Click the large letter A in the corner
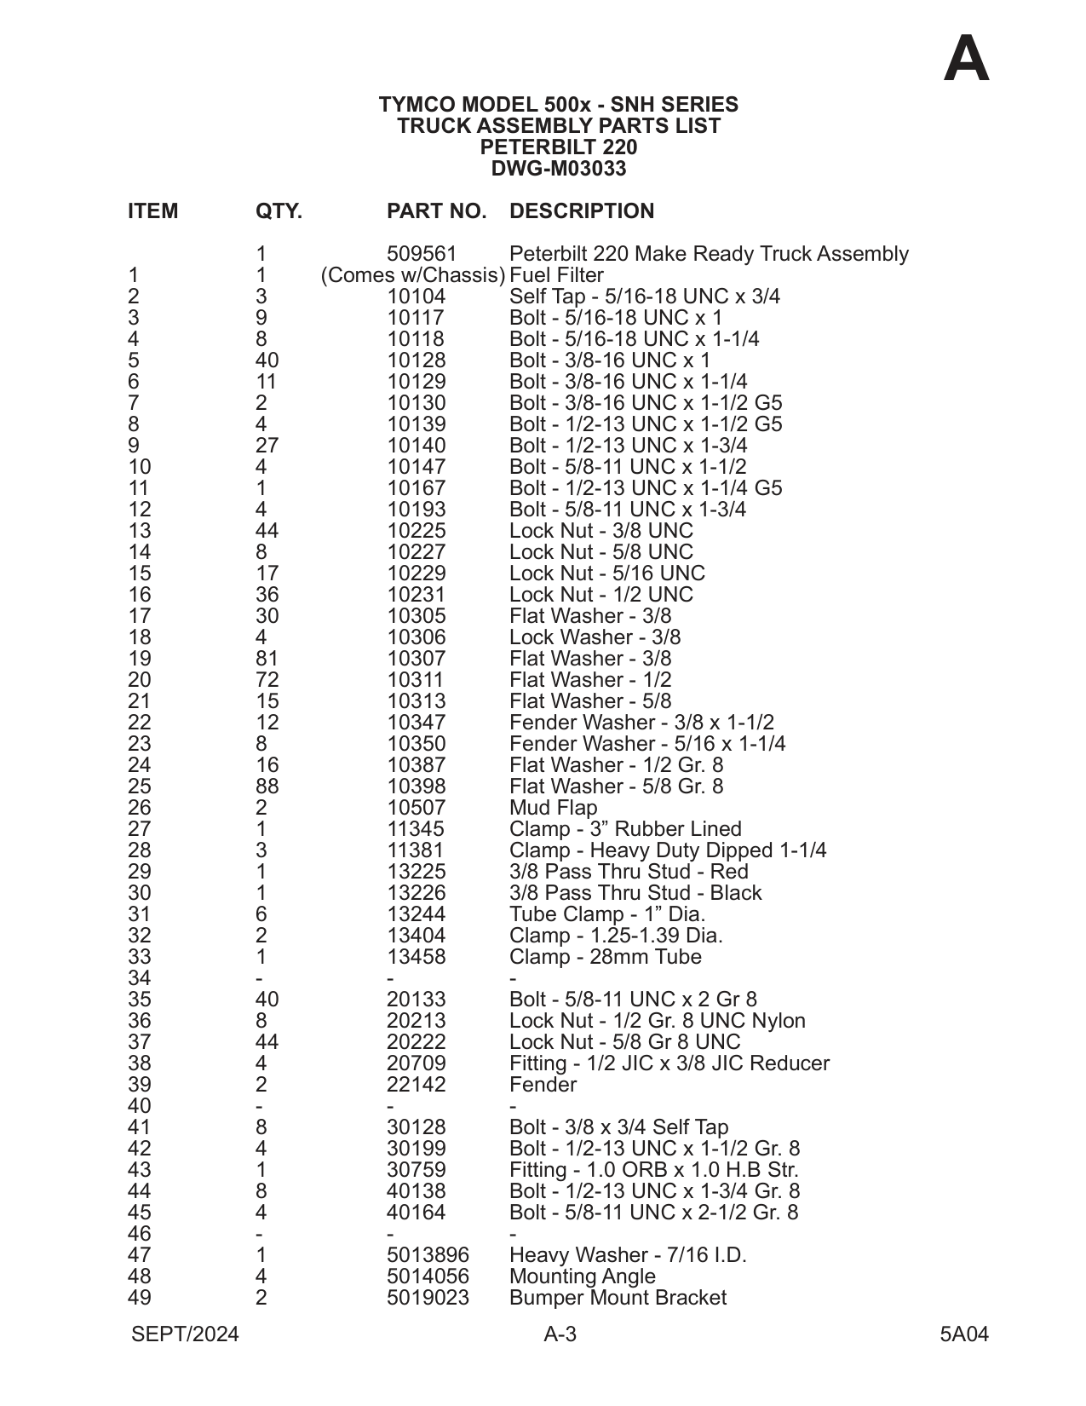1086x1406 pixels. coord(967,60)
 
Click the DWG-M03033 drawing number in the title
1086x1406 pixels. coord(559,169)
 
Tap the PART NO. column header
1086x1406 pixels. coord(436,211)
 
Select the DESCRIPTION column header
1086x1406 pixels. coord(582,211)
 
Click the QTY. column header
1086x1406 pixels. coord(279,211)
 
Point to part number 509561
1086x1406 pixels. coord(422,254)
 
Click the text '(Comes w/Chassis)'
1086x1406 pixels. coord(413,275)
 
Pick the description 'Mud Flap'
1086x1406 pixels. coord(554,808)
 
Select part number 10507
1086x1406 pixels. coord(416,808)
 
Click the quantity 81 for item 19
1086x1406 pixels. coord(267,659)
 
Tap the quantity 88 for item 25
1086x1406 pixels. coord(267,787)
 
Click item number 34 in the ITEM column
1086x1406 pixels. coord(139,978)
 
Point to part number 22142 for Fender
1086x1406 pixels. coord(416,1085)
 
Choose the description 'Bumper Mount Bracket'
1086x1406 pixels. coord(618,1298)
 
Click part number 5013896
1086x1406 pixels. coord(428,1255)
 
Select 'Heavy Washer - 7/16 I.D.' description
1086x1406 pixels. coord(628,1255)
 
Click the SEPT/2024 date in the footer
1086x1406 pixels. coord(185,1334)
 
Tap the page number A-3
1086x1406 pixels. coord(560,1334)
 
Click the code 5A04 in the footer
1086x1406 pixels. coord(964,1334)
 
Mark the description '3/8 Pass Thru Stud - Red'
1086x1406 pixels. coord(629,872)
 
